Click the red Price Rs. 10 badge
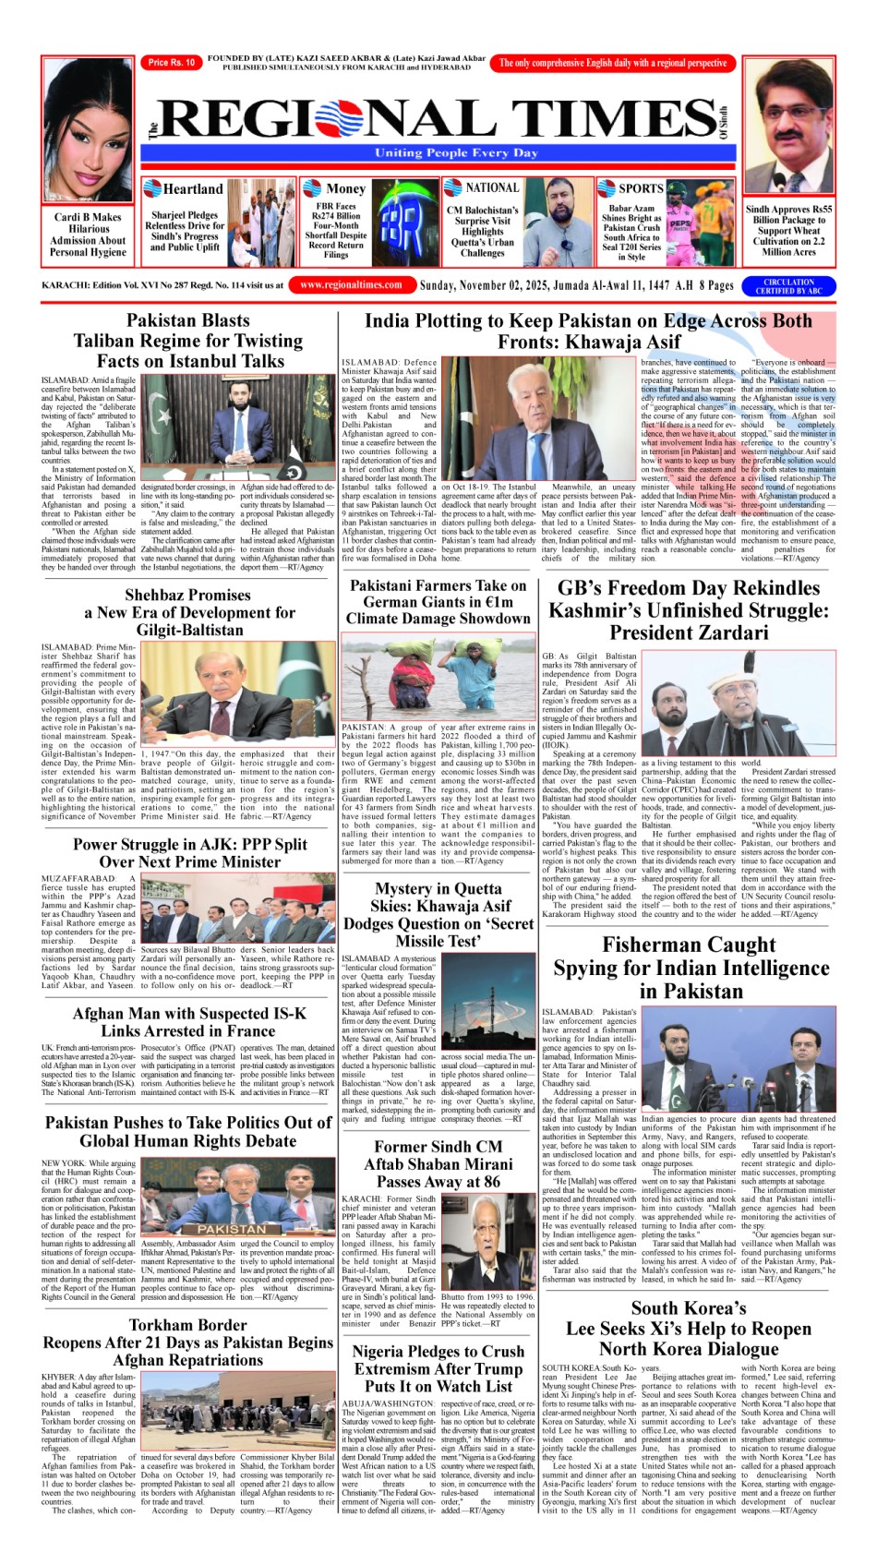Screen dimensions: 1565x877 point(171,63)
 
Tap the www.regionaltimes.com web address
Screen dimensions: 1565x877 point(351,285)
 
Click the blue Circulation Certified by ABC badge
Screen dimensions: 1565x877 point(788,286)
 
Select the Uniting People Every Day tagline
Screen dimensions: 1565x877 point(455,153)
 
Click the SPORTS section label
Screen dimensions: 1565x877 point(641,188)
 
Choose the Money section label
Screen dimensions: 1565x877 point(345,189)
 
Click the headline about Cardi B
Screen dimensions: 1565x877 point(87,235)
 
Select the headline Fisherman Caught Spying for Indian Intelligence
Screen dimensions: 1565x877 point(689,968)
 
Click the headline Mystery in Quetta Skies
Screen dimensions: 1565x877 point(438,915)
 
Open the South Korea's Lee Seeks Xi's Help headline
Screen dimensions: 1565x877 point(689,1329)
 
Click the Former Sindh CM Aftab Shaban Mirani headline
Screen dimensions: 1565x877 point(438,1164)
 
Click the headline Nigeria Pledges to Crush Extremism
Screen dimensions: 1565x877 point(438,1368)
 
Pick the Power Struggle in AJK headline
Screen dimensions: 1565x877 point(189,853)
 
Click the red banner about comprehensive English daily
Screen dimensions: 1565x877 point(613,63)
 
